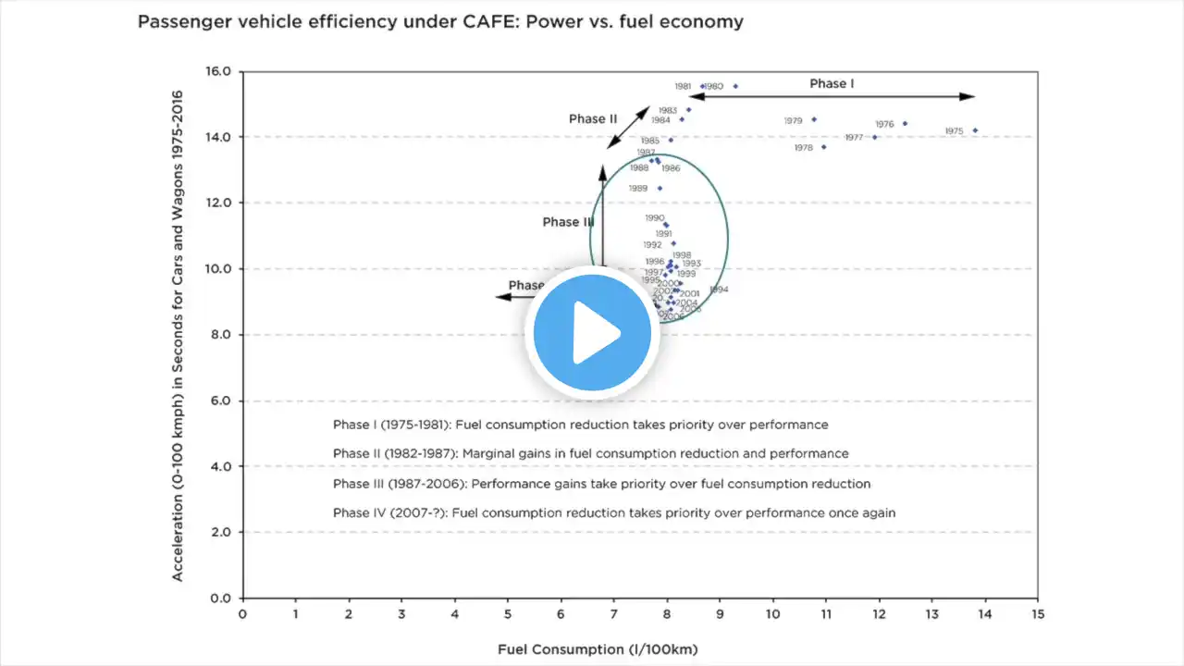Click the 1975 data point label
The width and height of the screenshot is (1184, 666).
[x=954, y=131]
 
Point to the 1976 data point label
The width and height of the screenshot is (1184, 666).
[x=884, y=124]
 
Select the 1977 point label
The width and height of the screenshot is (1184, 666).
[x=853, y=138]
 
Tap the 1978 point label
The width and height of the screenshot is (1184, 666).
[x=803, y=148]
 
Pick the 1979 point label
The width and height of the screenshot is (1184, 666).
[x=793, y=120]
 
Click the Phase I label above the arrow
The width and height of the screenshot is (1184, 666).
[x=832, y=83]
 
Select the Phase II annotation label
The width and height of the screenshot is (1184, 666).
[x=593, y=118]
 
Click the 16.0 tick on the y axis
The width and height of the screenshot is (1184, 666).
[x=219, y=71]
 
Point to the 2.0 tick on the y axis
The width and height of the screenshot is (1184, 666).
[x=221, y=532]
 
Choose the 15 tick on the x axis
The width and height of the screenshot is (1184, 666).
[x=1037, y=613]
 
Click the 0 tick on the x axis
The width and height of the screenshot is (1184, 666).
[x=242, y=613]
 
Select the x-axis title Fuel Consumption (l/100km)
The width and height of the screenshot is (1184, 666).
[x=598, y=649]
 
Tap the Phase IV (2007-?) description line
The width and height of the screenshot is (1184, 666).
[x=614, y=512]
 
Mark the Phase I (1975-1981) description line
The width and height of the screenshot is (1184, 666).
[x=580, y=425]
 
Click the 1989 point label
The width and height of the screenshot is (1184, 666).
[x=638, y=189]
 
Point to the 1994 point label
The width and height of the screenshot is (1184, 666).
[x=719, y=290]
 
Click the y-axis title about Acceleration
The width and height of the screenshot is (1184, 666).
[x=177, y=335]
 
